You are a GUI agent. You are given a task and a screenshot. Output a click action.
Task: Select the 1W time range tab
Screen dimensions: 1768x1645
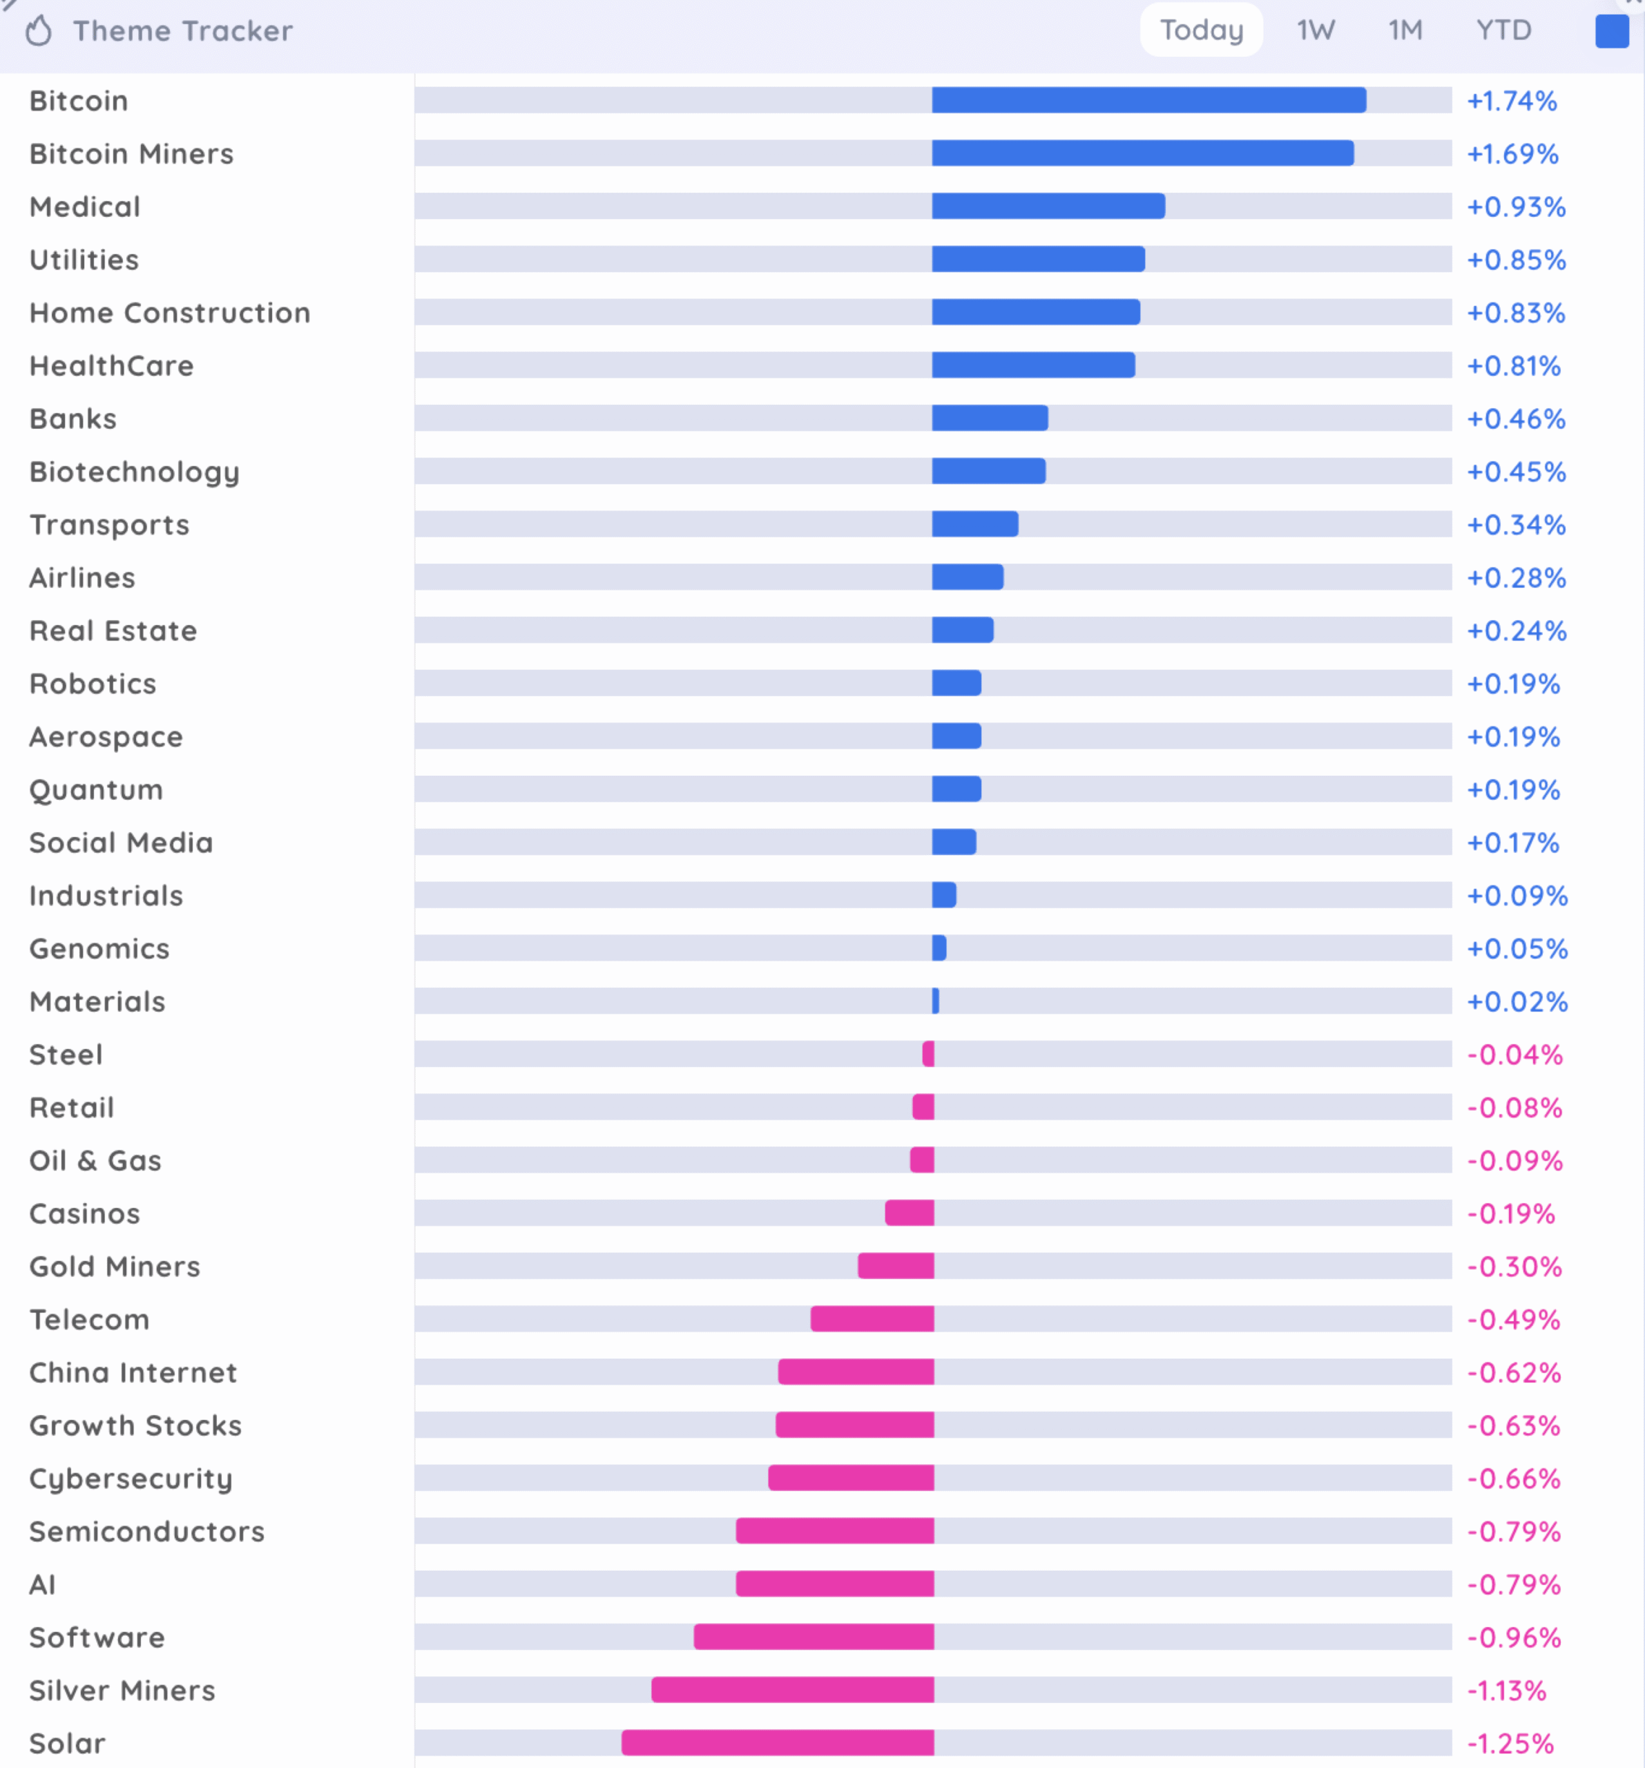(1315, 30)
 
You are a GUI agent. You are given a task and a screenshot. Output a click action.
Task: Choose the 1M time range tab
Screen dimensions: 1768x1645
(1405, 30)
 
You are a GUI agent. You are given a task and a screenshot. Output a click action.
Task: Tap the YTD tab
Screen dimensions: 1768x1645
(1503, 30)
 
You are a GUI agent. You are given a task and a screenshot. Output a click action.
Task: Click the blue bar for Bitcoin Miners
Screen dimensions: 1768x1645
(1143, 153)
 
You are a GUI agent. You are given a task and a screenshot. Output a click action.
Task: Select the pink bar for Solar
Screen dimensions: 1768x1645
(778, 1742)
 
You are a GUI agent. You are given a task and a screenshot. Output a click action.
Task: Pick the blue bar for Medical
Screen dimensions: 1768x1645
(1048, 206)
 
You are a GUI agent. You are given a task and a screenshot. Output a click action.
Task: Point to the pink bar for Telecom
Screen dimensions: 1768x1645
(872, 1319)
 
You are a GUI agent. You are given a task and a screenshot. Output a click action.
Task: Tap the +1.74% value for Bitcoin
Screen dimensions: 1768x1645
(1512, 101)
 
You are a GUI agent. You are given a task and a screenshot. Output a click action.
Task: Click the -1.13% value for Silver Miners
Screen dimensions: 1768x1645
(1506, 1690)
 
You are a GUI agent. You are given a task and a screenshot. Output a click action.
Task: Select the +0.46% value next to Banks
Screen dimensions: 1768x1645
(1515, 419)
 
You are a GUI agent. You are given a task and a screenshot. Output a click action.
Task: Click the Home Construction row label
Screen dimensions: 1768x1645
(170, 313)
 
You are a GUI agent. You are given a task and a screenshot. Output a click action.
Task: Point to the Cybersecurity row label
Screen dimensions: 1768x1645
(131, 1478)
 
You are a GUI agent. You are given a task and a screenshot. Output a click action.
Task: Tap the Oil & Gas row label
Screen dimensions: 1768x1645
(95, 1160)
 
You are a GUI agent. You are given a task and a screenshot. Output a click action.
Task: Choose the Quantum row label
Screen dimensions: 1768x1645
(96, 790)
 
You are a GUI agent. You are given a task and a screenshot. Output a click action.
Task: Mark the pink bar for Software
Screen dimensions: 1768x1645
(814, 1636)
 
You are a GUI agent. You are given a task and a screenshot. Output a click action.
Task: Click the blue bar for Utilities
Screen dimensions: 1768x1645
(1038, 260)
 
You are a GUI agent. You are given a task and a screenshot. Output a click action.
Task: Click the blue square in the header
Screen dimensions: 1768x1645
(1611, 31)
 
